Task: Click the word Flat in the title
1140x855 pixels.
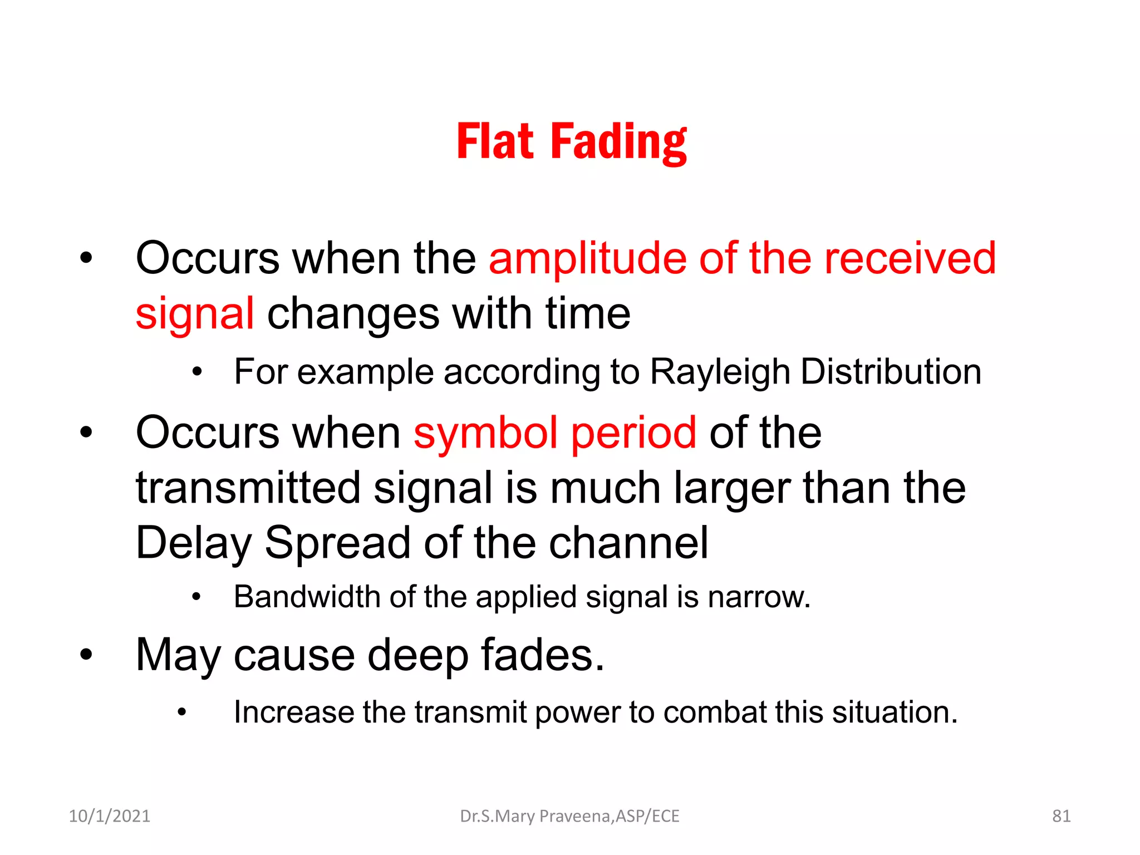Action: [x=495, y=142]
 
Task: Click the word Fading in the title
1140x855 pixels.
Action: [x=619, y=143]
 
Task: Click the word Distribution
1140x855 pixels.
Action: [x=891, y=372]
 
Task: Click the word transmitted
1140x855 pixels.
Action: [x=248, y=488]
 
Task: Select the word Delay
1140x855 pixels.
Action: [x=194, y=543]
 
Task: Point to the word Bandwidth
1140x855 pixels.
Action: [x=307, y=597]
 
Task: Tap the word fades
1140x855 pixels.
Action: [x=542, y=655]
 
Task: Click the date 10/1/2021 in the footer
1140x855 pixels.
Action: [x=109, y=816]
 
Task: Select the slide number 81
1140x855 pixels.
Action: [x=1061, y=816]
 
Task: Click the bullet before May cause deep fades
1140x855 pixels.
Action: [x=86, y=655]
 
